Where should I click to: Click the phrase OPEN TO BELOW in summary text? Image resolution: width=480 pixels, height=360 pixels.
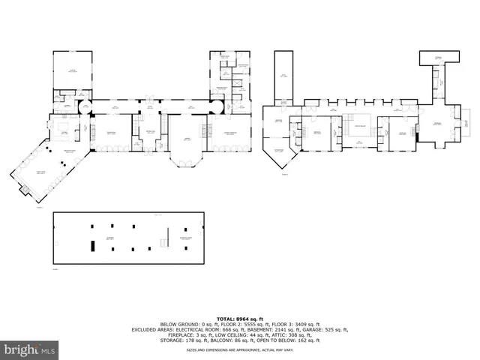[x=281, y=340]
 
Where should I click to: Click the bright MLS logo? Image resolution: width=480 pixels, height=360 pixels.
[x=30, y=349]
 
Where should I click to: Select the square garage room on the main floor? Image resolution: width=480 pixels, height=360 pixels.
[x=72, y=70]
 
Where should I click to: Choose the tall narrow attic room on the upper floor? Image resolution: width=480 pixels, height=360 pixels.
[x=283, y=76]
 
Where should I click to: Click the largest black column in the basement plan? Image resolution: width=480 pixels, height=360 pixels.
[x=92, y=245]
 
